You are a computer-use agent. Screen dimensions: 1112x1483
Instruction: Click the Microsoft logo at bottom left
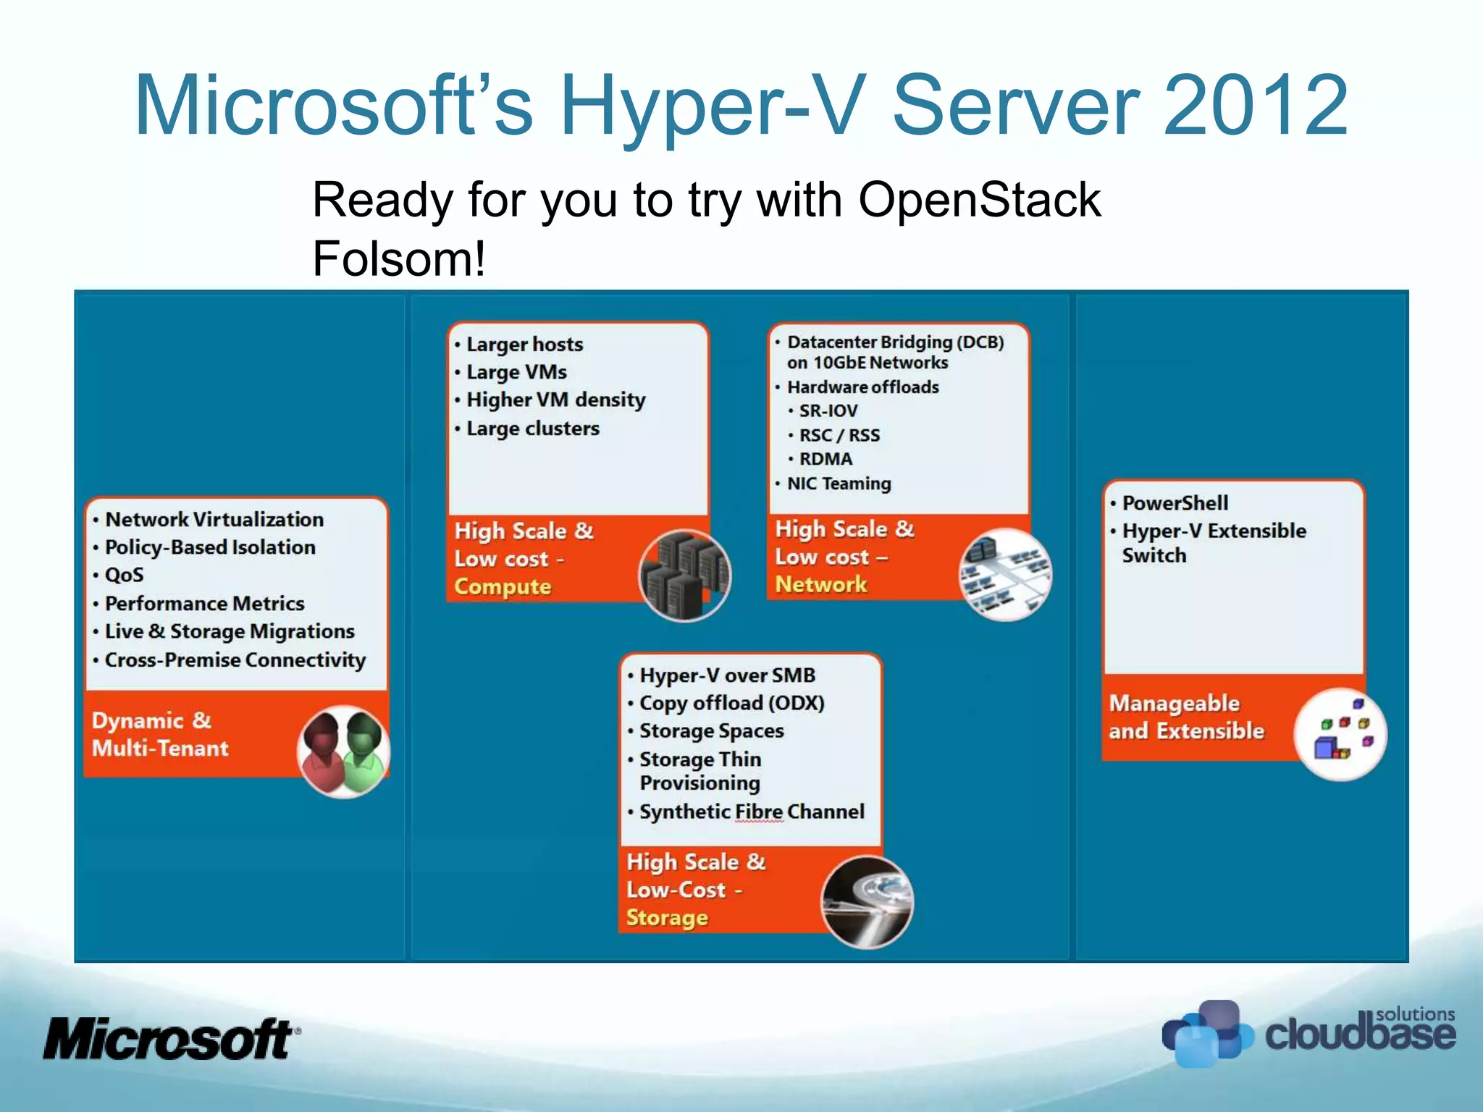(170, 1039)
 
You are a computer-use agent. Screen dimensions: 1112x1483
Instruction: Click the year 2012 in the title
(1256, 106)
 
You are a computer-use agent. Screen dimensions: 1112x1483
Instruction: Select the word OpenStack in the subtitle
(979, 200)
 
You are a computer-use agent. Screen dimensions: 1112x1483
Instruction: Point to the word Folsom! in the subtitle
(398, 258)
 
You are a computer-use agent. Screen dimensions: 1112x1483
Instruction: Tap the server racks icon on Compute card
(684, 576)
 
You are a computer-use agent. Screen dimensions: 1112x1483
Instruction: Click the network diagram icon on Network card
(1005, 574)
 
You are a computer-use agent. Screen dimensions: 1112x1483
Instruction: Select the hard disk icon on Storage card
(867, 901)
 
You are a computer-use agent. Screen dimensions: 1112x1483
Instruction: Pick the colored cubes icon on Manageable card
(1340, 733)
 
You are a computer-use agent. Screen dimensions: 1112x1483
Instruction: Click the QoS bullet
(124, 576)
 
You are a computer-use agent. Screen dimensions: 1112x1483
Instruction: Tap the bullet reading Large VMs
(516, 372)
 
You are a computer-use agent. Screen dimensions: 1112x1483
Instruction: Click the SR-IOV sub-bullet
(828, 410)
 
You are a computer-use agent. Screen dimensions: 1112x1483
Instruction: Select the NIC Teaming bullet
(839, 483)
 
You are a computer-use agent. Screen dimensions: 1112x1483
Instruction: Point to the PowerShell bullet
(1175, 503)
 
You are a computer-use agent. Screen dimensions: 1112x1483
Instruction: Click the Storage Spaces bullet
(711, 731)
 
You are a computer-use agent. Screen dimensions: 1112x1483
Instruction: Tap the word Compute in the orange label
(503, 586)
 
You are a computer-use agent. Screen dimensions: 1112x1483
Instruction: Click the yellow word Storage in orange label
(667, 917)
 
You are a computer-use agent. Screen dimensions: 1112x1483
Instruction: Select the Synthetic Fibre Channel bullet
(751, 812)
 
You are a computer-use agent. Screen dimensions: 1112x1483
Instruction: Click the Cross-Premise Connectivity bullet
(235, 660)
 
